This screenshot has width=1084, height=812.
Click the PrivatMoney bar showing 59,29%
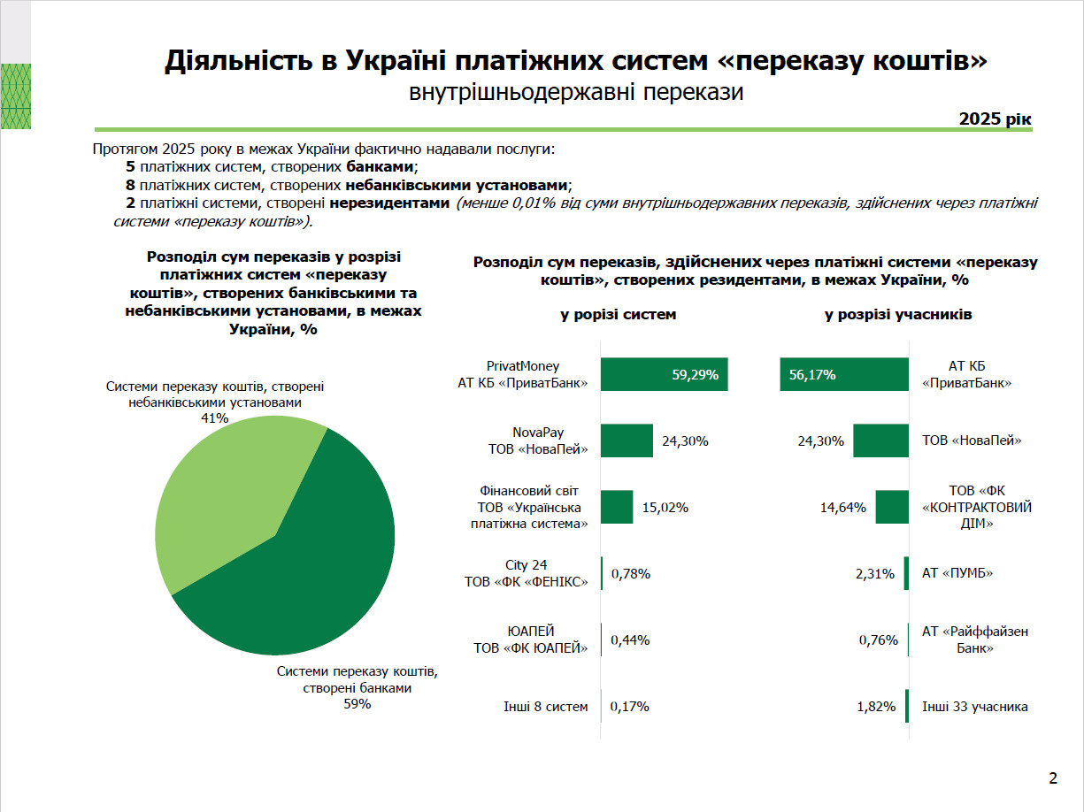(x=664, y=375)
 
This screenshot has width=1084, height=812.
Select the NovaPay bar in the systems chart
(x=627, y=440)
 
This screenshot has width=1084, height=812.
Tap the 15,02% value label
(x=665, y=508)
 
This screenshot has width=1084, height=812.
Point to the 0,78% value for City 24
(x=630, y=574)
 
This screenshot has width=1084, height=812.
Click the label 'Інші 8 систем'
(x=545, y=707)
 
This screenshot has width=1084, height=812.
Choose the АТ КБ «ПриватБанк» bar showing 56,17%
(x=844, y=375)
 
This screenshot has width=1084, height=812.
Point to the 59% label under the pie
(x=357, y=705)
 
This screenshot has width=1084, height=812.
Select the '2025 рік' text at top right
(x=996, y=119)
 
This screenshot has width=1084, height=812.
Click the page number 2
(x=1053, y=778)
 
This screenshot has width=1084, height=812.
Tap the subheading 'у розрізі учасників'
(x=898, y=315)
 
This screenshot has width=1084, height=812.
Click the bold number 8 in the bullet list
(x=130, y=185)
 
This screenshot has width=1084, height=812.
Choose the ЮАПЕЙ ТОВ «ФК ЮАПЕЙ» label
(x=531, y=640)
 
